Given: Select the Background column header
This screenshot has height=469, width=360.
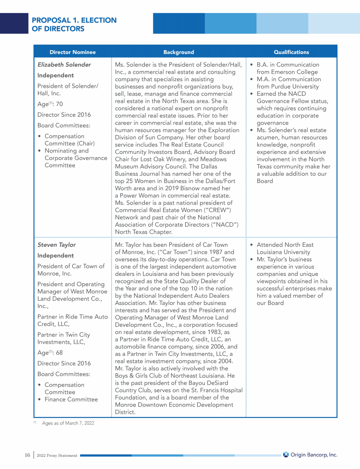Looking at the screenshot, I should point(179,52).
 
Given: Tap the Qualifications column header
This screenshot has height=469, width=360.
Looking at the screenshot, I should point(291,52).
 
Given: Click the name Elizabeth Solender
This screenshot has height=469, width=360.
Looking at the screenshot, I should point(64,65).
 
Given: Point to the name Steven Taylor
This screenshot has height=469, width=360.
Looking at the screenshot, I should point(56,245).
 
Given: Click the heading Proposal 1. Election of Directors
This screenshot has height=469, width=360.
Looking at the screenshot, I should point(74,24).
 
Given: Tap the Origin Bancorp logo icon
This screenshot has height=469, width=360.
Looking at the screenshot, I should point(286,454).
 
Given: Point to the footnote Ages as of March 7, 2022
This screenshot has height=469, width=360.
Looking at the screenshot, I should point(68,423).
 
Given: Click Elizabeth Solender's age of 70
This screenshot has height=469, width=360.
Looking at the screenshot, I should point(60,104).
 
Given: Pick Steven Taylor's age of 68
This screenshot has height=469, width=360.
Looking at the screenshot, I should point(60,353).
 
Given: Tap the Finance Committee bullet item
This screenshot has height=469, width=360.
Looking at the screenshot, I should point(71,400).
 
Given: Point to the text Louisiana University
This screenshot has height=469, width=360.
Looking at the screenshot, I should point(283,252).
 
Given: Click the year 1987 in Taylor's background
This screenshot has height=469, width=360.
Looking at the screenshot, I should point(213,252).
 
